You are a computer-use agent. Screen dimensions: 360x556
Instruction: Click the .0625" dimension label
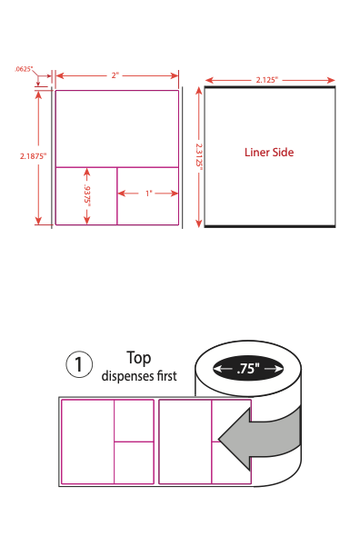point(24,69)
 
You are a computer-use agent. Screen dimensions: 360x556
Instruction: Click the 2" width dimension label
point(115,75)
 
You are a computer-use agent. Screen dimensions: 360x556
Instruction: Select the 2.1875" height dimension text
point(33,156)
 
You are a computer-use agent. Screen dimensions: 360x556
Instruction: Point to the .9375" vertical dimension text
point(87,194)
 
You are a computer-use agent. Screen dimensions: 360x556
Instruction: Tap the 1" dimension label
point(149,194)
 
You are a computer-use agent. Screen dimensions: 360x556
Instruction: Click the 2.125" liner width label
point(267,80)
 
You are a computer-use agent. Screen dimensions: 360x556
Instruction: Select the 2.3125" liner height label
point(199,156)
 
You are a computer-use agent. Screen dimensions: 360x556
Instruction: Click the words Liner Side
point(269,153)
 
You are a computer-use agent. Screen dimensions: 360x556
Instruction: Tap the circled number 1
point(79,364)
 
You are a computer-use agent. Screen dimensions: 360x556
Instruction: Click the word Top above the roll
point(139,358)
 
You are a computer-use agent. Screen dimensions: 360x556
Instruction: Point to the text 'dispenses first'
point(139,376)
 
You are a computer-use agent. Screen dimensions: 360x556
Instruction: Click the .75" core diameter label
point(248,369)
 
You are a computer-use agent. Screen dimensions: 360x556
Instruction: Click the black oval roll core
point(248,369)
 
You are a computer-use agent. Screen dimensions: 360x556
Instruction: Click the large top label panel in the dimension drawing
point(117,129)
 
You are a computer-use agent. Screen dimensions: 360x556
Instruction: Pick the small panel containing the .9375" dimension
point(86,196)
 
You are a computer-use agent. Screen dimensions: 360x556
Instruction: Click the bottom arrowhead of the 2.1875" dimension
point(39,221)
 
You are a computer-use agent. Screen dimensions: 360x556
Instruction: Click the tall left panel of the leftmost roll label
point(87,442)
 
